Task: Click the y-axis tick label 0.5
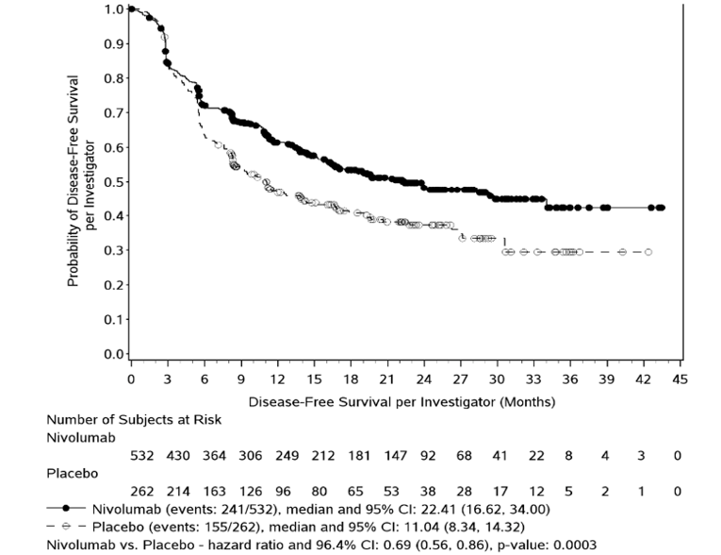pos(113,181)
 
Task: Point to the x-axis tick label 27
pos(462,378)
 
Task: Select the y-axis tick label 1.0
pos(113,9)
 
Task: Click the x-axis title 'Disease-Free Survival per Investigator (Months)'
pos(402,401)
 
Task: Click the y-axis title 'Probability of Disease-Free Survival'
pos(74,181)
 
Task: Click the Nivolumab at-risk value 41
pos(499,455)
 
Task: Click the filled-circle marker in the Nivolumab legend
pos(78,509)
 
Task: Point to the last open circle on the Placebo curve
pos(647,252)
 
